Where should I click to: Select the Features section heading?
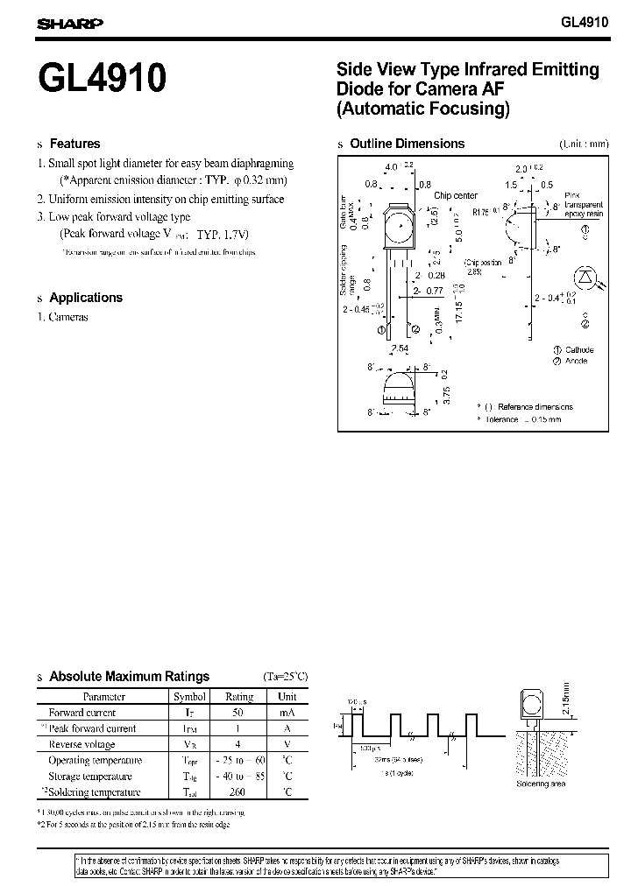[x=74, y=144]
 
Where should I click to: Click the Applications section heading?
[x=85, y=298]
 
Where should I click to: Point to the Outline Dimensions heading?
[x=407, y=144]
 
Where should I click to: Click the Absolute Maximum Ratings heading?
[x=129, y=676]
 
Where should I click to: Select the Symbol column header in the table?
[x=189, y=697]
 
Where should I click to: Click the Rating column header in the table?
[x=239, y=697]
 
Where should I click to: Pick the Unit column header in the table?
[x=287, y=697]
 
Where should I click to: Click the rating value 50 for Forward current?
[x=239, y=713]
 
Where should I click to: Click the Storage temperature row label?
[x=90, y=777]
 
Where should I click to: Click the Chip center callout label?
[x=456, y=195]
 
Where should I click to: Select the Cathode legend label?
[x=579, y=350]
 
